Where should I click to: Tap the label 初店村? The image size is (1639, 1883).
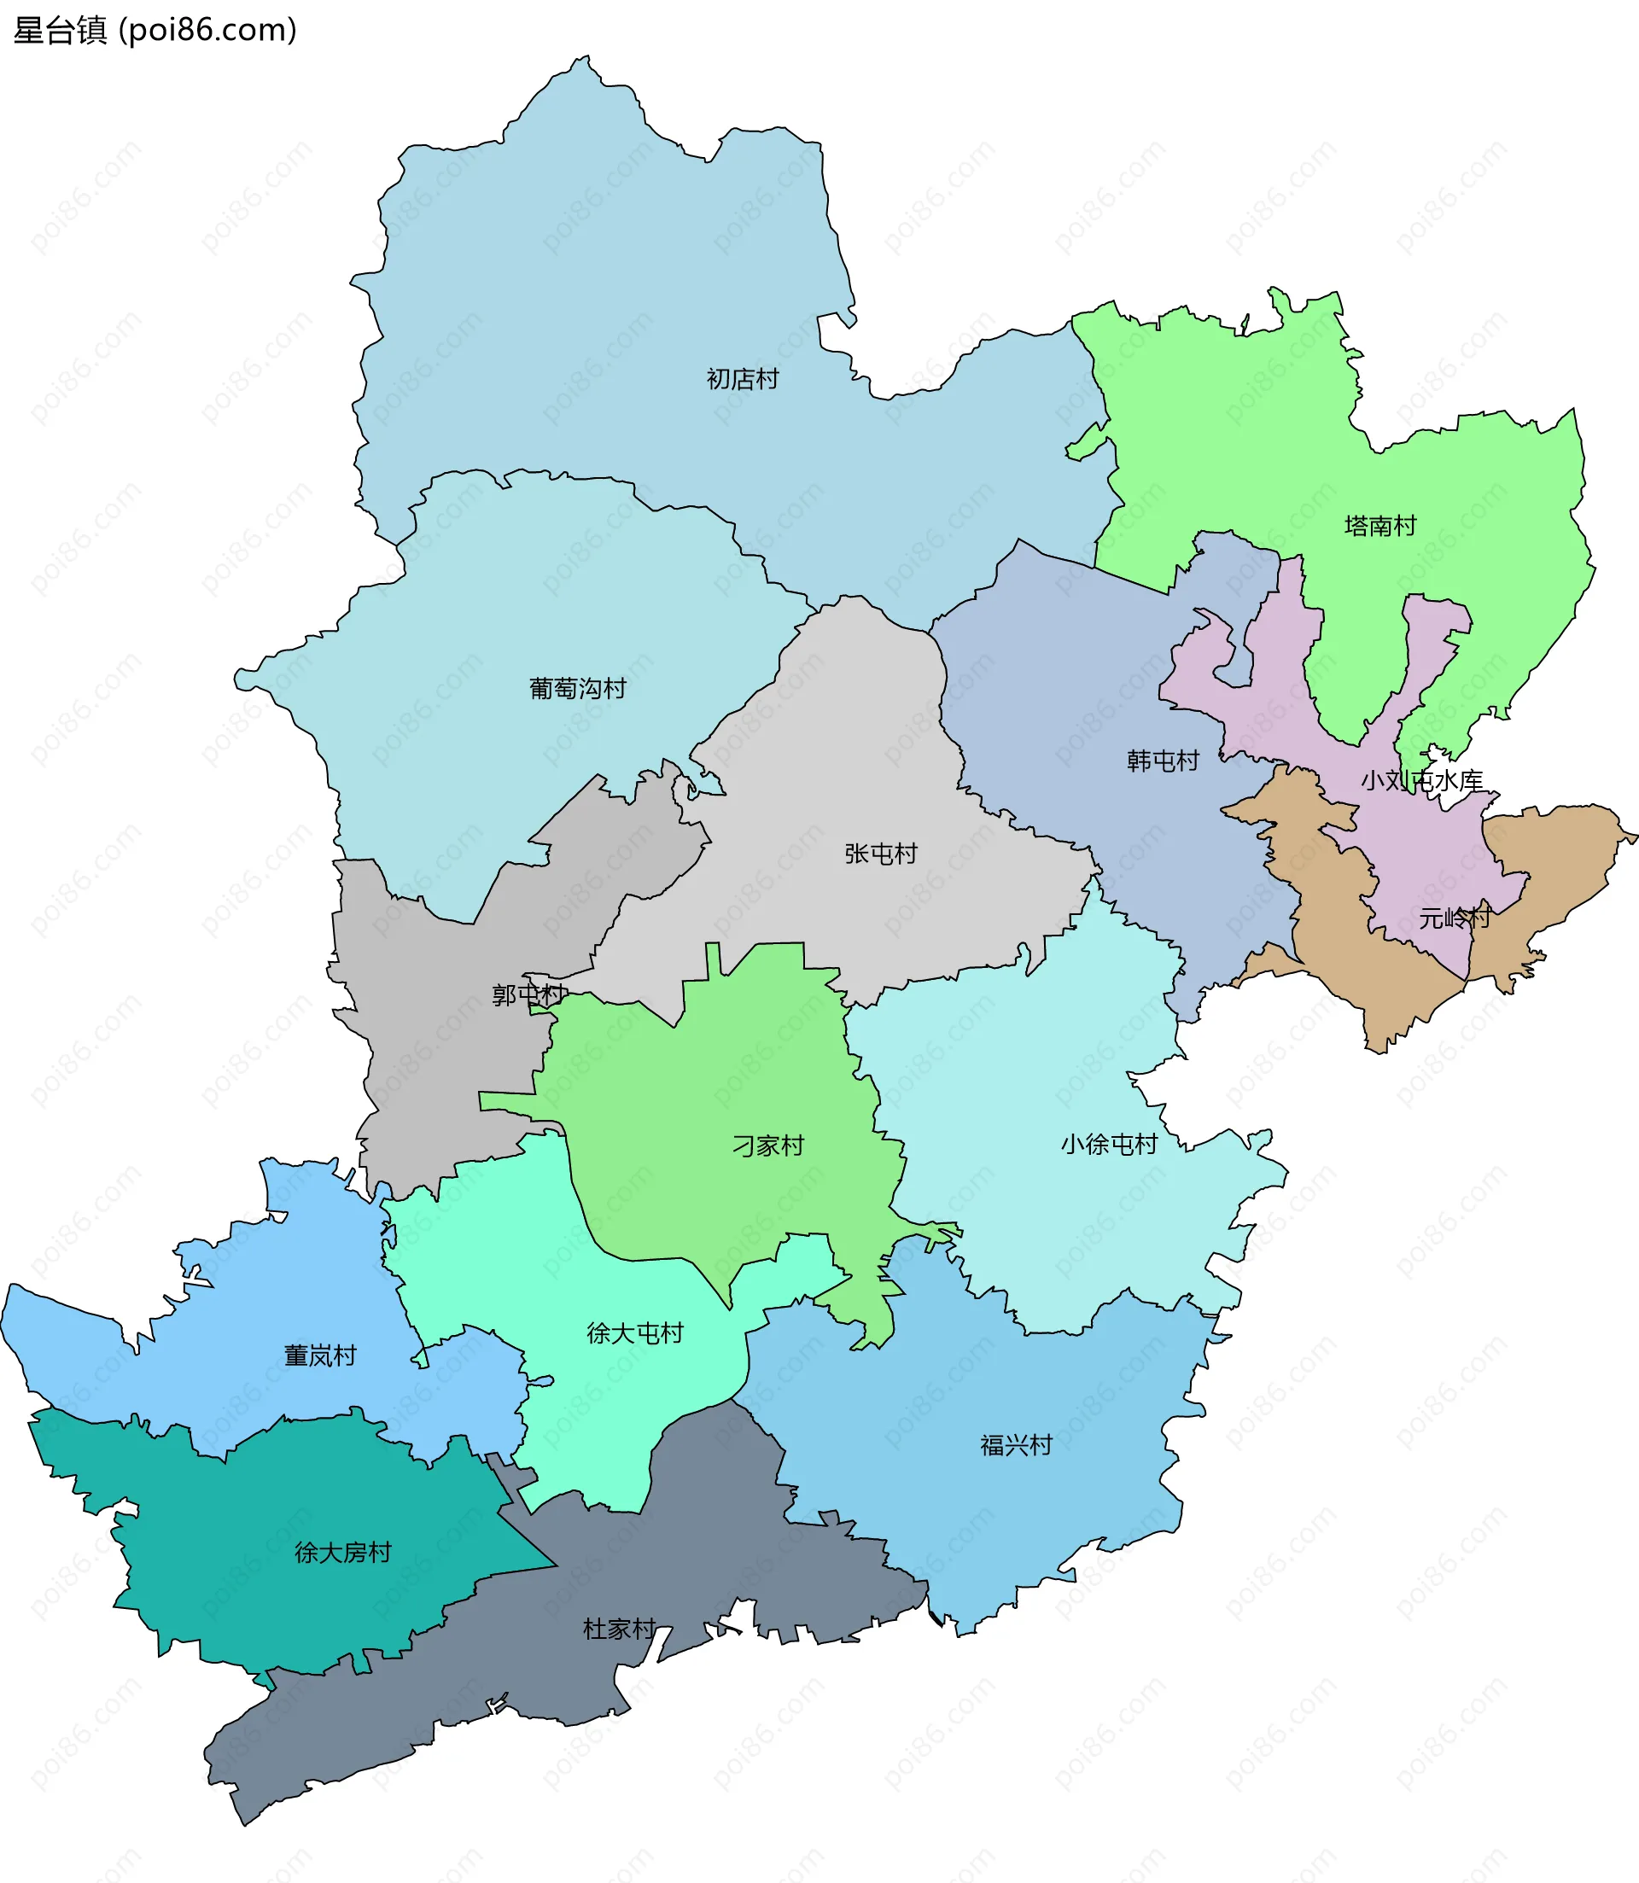pyautogui.click(x=742, y=379)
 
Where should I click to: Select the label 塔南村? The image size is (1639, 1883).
pyautogui.click(x=1379, y=526)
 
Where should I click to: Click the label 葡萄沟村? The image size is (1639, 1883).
pyautogui.click(x=577, y=689)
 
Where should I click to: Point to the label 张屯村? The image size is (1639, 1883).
pyautogui.click(x=880, y=854)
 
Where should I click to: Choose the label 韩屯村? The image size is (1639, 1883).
pyautogui.click(x=1162, y=761)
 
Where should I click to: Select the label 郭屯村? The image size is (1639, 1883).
pyautogui.click(x=528, y=994)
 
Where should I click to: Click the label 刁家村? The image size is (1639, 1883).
pyautogui.click(x=767, y=1145)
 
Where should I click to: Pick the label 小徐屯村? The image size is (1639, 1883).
pyautogui.click(x=1109, y=1144)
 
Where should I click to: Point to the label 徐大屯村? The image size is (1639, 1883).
pyautogui.click(x=635, y=1332)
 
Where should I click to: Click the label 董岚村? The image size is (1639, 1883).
pyautogui.click(x=319, y=1355)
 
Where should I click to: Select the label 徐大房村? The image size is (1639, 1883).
pyautogui.click(x=342, y=1552)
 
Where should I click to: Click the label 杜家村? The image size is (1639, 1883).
pyautogui.click(x=619, y=1629)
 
